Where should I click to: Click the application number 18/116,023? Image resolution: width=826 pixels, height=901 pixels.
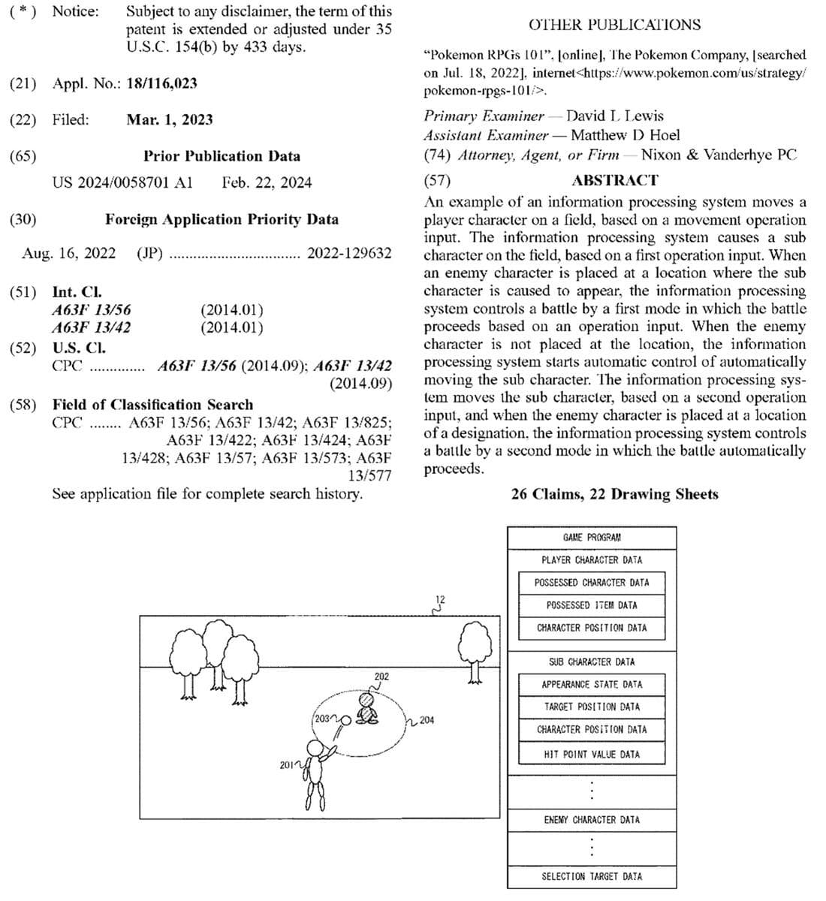(161, 83)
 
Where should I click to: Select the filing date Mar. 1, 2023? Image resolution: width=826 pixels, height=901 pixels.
(169, 119)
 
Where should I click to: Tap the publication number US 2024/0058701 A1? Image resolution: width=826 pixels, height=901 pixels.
(122, 182)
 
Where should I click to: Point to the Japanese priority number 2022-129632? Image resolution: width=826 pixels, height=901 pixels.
(349, 253)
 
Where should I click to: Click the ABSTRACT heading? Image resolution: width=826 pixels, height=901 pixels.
(614, 180)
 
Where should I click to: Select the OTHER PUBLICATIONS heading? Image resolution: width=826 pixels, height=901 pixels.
(614, 25)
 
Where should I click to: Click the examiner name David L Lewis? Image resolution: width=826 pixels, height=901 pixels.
(614, 116)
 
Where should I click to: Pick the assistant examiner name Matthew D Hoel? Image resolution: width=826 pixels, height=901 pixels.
(625, 135)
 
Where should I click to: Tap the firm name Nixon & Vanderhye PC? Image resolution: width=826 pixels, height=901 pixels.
(719, 155)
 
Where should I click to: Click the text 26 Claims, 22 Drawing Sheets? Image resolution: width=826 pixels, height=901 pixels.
(614, 494)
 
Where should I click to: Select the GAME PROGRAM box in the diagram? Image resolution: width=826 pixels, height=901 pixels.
(592, 538)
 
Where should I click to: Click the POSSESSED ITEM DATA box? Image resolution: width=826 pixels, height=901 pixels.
(592, 605)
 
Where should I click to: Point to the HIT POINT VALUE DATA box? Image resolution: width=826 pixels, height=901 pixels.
(592, 754)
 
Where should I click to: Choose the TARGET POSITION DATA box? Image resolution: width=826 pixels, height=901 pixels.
(592, 707)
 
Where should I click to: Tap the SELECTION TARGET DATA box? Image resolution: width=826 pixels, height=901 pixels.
(592, 876)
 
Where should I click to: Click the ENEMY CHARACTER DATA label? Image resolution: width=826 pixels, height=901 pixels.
(592, 820)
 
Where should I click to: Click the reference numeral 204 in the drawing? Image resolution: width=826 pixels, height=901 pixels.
(426, 721)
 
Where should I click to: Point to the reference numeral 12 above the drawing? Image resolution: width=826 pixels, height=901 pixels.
(440, 599)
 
